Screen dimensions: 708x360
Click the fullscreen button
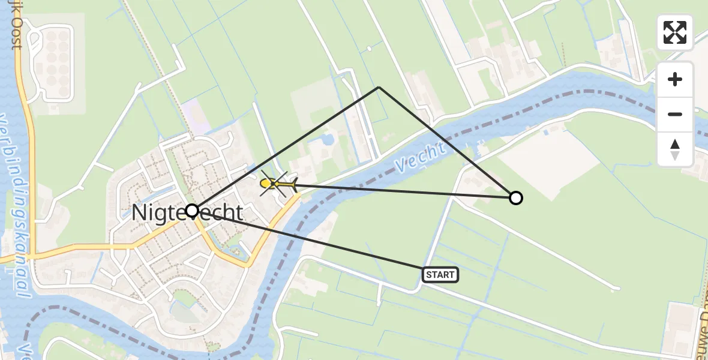pos(675,32)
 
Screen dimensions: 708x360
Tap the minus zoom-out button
pos(675,114)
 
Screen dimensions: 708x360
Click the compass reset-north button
pos(675,149)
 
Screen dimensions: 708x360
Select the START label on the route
pos(440,275)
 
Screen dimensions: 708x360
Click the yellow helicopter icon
pos(278,183)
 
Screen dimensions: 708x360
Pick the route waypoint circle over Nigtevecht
pos(192,211)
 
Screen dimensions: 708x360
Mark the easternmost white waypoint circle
pos(515,197)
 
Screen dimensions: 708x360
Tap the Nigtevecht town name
pos(187,213)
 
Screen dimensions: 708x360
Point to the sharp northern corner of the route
pos(379,88)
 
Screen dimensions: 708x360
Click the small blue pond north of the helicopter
pos(328,140)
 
